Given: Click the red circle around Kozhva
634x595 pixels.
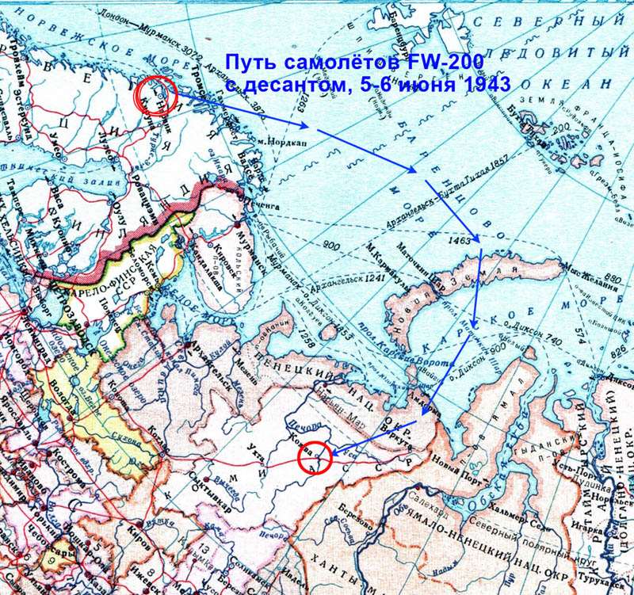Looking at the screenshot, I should tap(311, 458).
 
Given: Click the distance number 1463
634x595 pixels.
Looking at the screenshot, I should tap(459, 237).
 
